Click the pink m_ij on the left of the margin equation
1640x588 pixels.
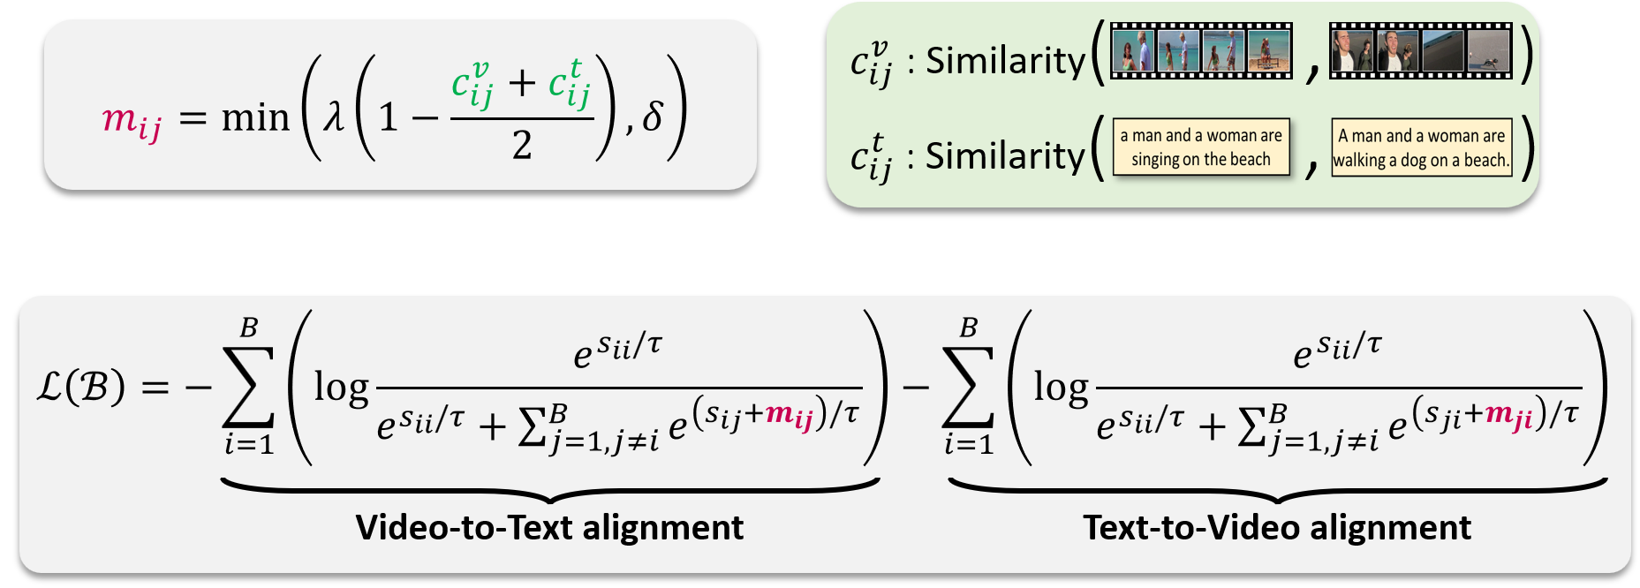131,119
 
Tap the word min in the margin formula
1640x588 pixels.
255,117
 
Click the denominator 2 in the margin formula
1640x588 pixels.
522,145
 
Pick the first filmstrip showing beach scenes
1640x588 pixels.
1201,51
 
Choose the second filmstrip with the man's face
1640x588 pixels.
1420,51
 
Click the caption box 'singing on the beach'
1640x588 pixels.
1201,147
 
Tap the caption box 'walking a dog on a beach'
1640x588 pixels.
1421,147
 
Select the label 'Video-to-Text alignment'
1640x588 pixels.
549,528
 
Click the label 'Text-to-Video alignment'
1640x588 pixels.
1277,528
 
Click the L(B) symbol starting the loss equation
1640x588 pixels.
81,387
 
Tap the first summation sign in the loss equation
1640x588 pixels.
248,387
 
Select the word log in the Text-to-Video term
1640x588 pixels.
1061,387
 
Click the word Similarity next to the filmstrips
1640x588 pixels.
1005,60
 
